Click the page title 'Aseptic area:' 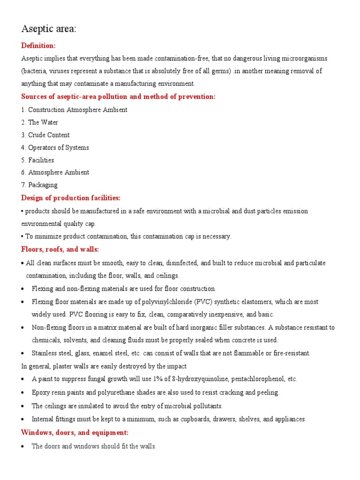click(49, 29)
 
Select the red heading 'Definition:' click(38, 45)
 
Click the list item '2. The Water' click(40, 122)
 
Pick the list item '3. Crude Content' click(45, 135)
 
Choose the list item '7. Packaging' click(39, 185)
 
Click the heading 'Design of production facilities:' click(71, 198)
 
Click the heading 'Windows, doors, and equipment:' click(75, 432)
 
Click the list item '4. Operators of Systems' click(55, 148)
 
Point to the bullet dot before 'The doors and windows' click(24, 447)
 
